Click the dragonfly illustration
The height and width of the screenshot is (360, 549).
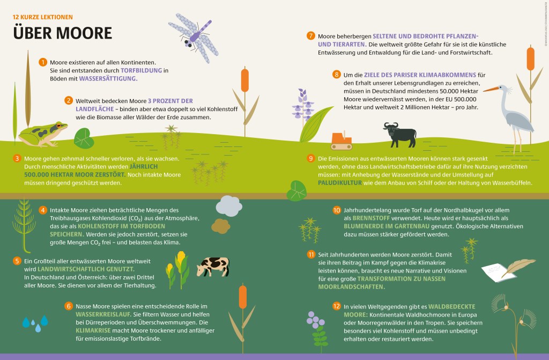(194, 38)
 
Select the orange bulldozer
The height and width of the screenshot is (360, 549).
(341, 141)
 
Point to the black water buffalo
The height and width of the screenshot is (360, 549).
(400, 134)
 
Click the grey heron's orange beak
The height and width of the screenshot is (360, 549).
(491, 90)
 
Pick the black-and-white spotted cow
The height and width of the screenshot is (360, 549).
(213, 267)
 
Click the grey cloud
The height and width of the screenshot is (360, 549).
(229, 206)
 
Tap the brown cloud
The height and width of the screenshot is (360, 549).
(220, 226)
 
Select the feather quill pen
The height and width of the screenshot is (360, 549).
(518, 267)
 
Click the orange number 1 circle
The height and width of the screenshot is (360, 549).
(43, 62)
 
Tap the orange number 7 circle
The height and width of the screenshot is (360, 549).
(310, 36)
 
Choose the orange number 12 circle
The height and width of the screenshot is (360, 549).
(337, 306)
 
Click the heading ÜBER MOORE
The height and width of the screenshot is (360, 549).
(63, 33)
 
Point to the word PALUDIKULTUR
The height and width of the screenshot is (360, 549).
(339, 182)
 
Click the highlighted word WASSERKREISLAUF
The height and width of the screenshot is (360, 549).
(103, 314)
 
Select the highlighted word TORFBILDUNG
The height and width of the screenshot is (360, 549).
(142, 70)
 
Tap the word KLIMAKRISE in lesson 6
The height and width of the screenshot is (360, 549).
(93, 330)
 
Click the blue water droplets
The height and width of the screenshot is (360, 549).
(35, 324)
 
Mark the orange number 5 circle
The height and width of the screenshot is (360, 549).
(17, 261)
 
